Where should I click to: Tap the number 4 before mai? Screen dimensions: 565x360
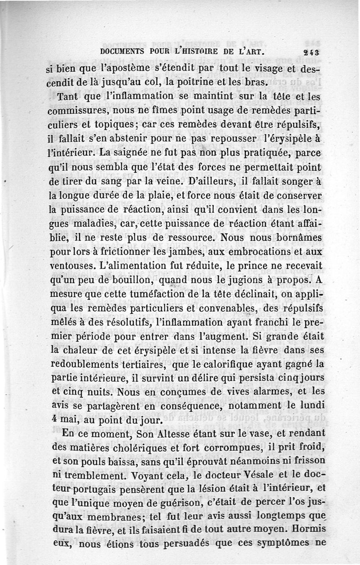tap(51, 421)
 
